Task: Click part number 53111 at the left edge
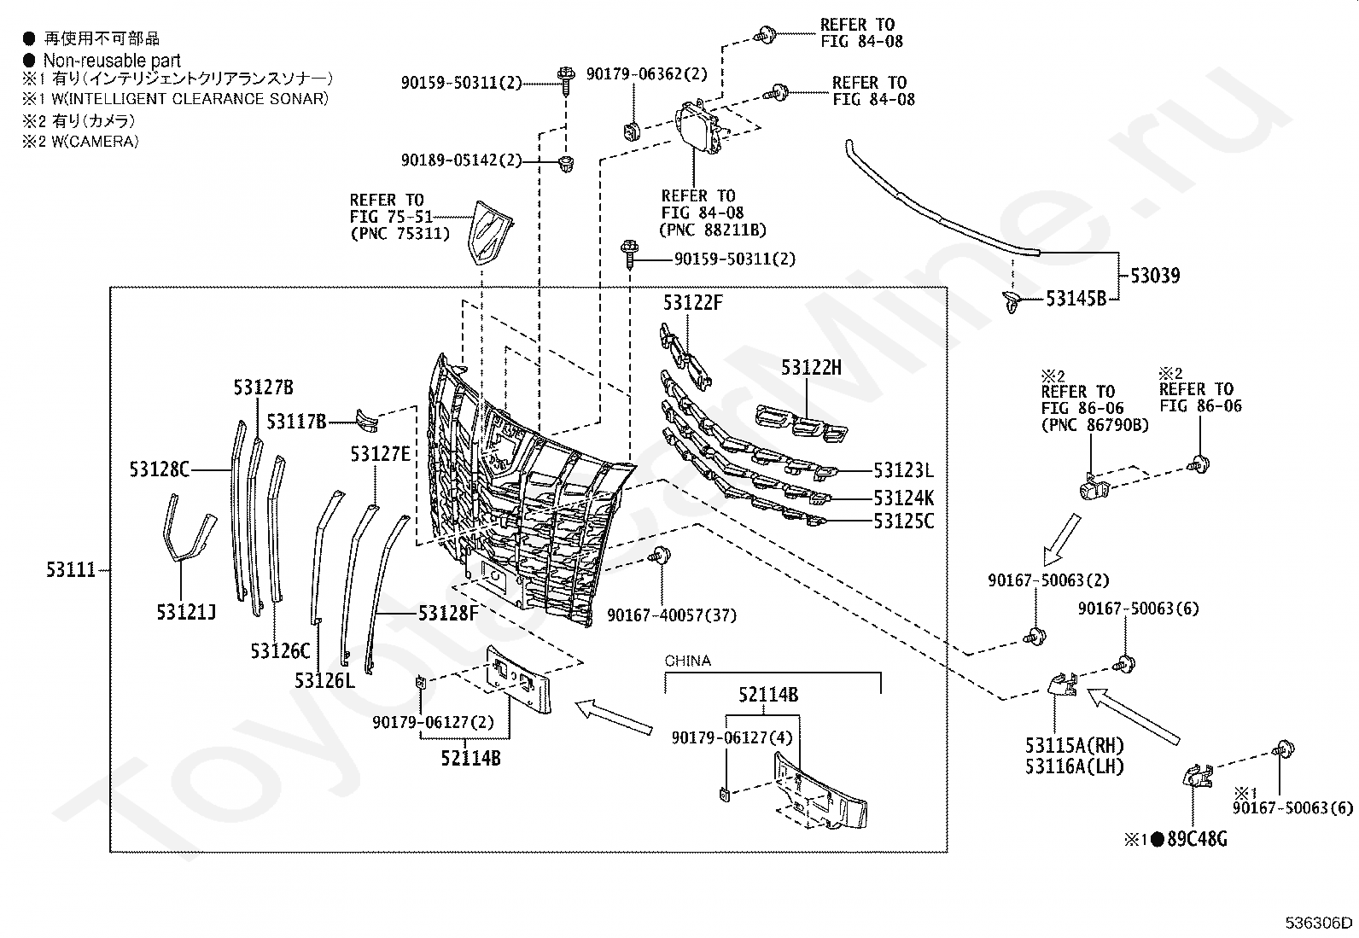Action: point(71,570)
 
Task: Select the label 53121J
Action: point(185,612)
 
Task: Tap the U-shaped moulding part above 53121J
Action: point(189,527)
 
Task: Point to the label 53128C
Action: point(160,469)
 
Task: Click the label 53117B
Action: point(297,421)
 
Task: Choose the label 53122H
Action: point(811,367)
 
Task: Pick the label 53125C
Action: point(904,521)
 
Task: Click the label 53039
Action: point(1155,276)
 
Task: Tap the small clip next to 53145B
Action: point(1012,301)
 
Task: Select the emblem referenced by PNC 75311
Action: point(490,232)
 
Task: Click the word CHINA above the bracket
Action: point(687,661)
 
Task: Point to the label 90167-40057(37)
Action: point(672,615)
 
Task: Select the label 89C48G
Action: point(1197,839)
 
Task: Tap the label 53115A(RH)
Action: point(1075,745)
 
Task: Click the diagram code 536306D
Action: point(1318,923)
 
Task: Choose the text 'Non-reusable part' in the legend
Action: point(112,60)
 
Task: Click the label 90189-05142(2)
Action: point(461,160)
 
